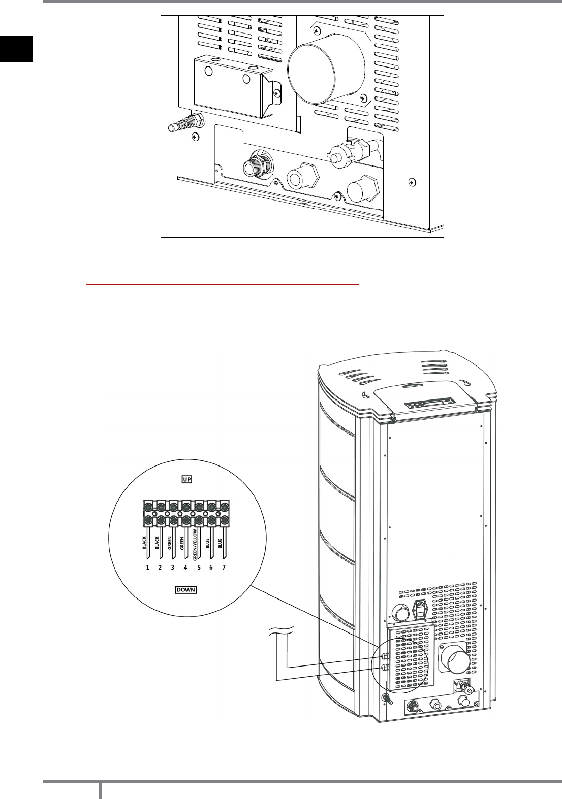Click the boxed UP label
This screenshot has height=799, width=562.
pyautogui.click(x=186, y=479)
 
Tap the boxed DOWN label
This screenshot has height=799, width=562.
pyautogui.click(x=186, y=590)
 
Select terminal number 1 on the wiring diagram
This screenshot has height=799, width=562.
pyautogui.click(x=148, y=568)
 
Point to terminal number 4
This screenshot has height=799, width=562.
pyautogui.click(x=185, y=568)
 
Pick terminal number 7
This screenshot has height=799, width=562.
pyautogui.click(x=224, y=568)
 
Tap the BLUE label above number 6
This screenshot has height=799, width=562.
pyautogui.click(x=208, y=544)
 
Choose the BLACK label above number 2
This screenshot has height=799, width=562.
pyautogui.click(x=157, y=543)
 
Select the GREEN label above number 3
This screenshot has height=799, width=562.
pyautogui.click(x=170, y=543)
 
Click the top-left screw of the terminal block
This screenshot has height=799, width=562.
pyautogui.click(x=148, y=507)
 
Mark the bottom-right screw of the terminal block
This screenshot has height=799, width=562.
pyautogui.click(x=224, y=520)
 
